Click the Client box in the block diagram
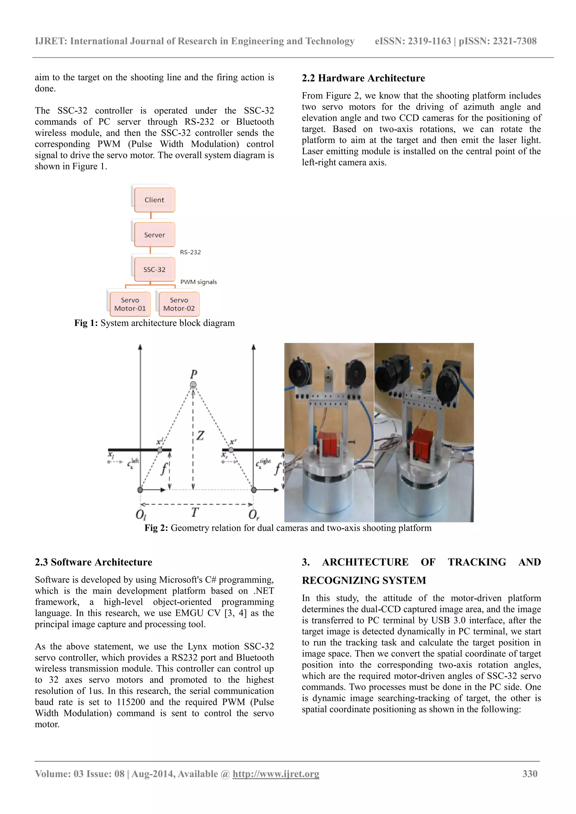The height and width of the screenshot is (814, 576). click(x=154, y=200)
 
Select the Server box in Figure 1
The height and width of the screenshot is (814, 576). click(x=154, y=235)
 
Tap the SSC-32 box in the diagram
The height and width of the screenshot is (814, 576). click(x=154, y=269)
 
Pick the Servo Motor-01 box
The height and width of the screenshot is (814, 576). click(x=130, y=304)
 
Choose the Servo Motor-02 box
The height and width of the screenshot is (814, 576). click(x=179, y=304)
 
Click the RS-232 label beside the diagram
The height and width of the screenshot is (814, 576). click(x=190, y=252)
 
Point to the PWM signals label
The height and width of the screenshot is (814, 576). click(x=198, y=282)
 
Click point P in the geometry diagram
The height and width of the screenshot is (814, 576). click(x=193, y=385)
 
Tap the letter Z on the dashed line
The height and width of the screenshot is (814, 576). click(x=201, y=435)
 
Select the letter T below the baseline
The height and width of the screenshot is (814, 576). click(x=195, y=512)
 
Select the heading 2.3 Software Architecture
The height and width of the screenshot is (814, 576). click(x=93, y=562)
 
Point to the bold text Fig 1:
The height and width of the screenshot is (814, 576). click(x=86, y=323)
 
